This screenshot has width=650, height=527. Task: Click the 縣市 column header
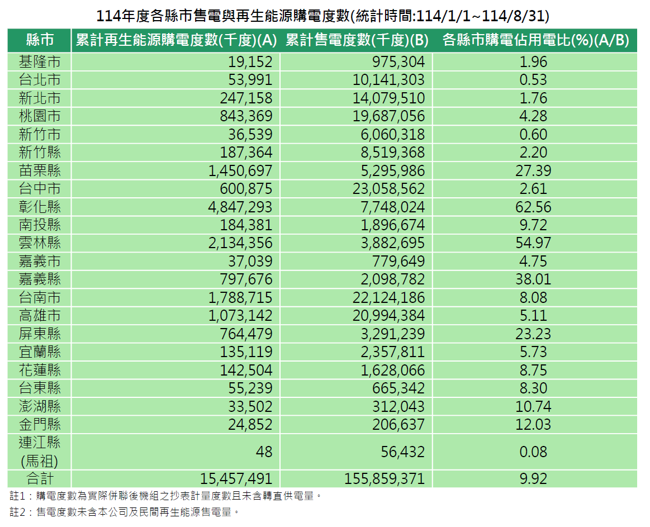(x=40, y=40)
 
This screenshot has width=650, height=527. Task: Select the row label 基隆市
(x=40, y=61)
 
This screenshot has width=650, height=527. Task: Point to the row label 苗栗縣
(x=40, y=171)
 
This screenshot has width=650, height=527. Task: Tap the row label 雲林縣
(x=40, y=243)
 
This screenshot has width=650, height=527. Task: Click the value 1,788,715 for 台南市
(x=240, y=297)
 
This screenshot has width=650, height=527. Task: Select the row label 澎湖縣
(x=40, y=406)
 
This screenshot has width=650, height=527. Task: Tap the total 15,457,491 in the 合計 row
(x=236, y=478)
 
